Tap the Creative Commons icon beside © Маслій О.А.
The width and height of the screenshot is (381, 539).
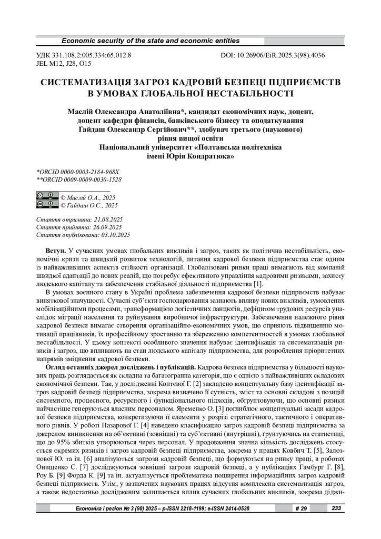click(x=47, y=196)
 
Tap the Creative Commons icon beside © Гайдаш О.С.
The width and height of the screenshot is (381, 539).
click(x=47, y=204)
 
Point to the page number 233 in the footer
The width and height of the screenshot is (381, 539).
click(x=336, y=508)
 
